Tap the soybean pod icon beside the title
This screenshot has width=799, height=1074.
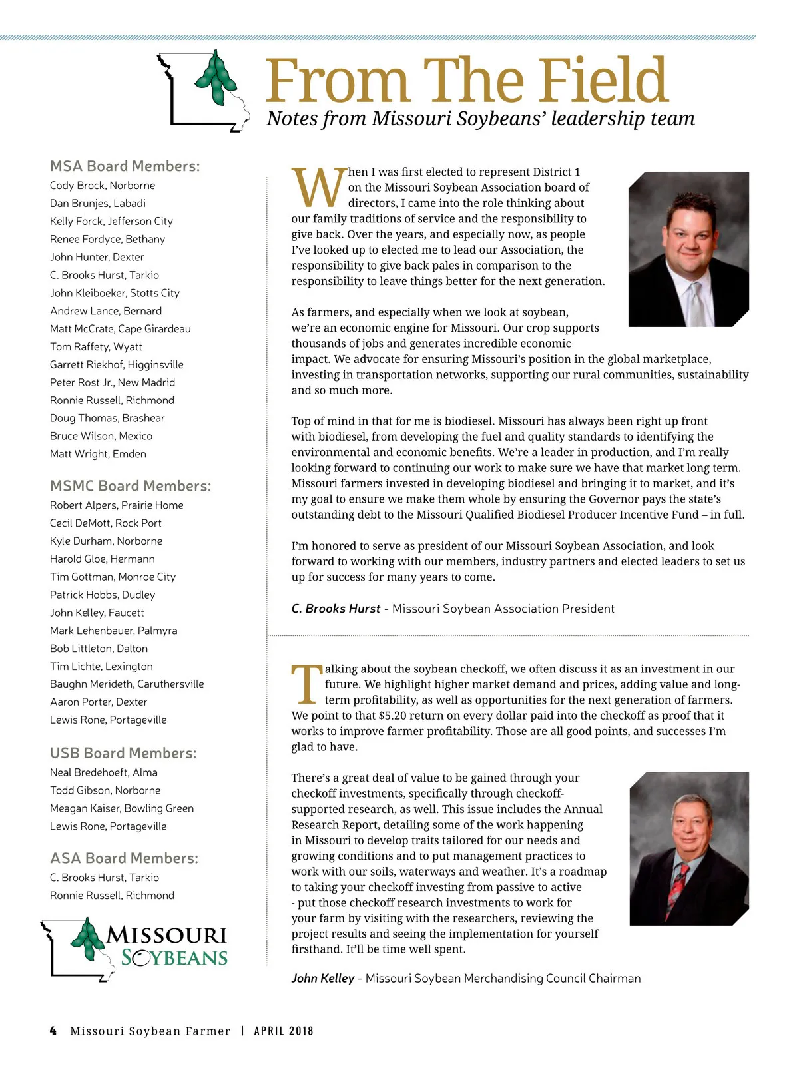(216, 78)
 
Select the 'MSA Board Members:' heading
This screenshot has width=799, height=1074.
(125, 166)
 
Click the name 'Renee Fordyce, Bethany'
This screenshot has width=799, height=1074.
(107, 239)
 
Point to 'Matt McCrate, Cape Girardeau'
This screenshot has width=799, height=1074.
(120, 329)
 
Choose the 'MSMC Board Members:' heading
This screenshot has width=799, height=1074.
(131, 486)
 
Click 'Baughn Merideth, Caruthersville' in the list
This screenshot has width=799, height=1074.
(127, 684)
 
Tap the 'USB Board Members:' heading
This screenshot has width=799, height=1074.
(123, 753)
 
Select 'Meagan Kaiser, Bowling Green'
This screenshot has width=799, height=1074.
(122, 808)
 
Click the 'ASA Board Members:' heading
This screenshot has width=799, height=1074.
(124, 858)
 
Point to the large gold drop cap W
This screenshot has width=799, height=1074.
(318, 188)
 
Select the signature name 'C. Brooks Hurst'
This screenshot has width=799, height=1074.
(336, 609)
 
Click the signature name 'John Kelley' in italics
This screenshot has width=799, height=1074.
(323, 979)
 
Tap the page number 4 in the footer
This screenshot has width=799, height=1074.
(53, 1031)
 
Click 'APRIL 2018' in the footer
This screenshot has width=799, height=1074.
(284, 1031)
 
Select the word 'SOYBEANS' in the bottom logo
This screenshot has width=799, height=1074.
(174, 959)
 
